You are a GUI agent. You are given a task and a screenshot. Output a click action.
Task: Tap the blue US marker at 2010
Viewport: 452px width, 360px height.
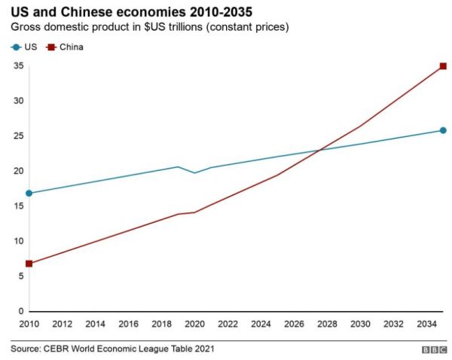(29, 193)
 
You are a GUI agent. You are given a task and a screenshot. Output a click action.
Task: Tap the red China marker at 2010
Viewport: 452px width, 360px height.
(29, 264)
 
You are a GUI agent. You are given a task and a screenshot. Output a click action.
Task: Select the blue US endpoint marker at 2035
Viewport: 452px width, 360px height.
(443, 130)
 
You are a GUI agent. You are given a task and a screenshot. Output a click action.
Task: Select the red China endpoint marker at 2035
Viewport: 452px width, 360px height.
(443, 66)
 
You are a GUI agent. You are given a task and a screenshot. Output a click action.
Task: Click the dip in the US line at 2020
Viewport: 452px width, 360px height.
(194, 173)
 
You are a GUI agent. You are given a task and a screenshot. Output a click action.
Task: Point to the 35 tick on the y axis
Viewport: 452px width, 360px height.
(18, 66)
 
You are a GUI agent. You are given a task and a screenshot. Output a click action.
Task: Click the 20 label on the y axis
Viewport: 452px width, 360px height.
(18, 171)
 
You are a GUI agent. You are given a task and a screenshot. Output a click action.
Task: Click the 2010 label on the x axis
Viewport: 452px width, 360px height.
(29, 324)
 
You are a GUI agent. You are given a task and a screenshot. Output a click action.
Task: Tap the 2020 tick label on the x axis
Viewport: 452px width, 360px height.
(194, 324)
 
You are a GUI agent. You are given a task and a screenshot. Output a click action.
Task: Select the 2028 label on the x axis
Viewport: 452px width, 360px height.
(327, 324)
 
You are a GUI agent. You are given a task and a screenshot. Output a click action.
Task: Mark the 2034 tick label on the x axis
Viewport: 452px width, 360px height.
(426, 324)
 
